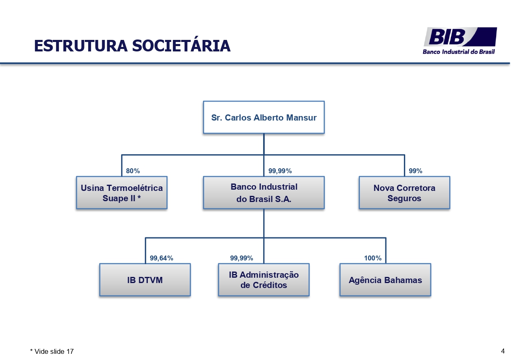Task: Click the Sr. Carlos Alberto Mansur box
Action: [x=264, y=117]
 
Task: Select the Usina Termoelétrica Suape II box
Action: [x=121, y=193]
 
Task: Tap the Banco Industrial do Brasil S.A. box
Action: [x=264, y=193]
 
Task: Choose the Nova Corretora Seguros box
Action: [x=404, y=193]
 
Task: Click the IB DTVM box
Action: [x=145, y=280]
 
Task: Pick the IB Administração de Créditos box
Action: [x=264, y=280]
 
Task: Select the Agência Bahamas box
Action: [x=385, y=280]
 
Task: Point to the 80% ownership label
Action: [x=133, y=171]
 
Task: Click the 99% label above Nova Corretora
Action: [x=415, y=171]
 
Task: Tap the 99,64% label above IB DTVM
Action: [x=161, y=258]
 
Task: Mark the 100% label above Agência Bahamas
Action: [x=373, y=258]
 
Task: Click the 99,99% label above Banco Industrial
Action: [x=280, y=171]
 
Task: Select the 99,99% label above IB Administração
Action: [x=241, y=258]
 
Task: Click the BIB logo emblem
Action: [x=460, y=37]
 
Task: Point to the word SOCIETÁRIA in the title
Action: [x=181, y=46]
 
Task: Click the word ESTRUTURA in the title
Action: [x=80, y=46]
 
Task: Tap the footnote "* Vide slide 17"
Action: [x=52, y=351]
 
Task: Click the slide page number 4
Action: [x=503, y=351]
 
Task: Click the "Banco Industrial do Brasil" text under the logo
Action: [x=459, y=52]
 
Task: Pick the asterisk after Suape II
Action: [x=139, y=198]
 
